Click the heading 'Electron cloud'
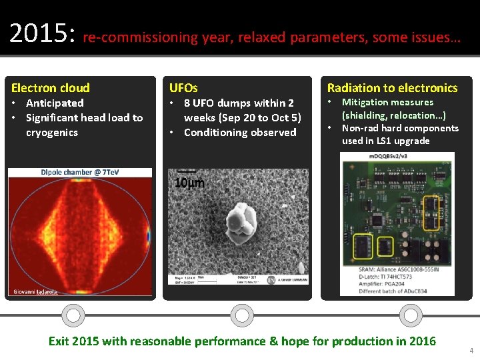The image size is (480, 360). point(51,88)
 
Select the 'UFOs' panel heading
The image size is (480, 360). point(183,88)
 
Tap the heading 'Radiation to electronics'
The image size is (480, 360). point(392,88)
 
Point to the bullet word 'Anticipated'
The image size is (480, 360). point(55,103)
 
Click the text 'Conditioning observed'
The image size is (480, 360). point(240,132)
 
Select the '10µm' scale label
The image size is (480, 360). point(189,183)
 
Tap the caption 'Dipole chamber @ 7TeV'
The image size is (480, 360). point(79,172)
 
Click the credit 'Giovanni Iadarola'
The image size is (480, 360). point(35,292)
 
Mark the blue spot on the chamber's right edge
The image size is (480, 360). point(149,236)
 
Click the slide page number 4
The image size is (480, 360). point(471,350)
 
